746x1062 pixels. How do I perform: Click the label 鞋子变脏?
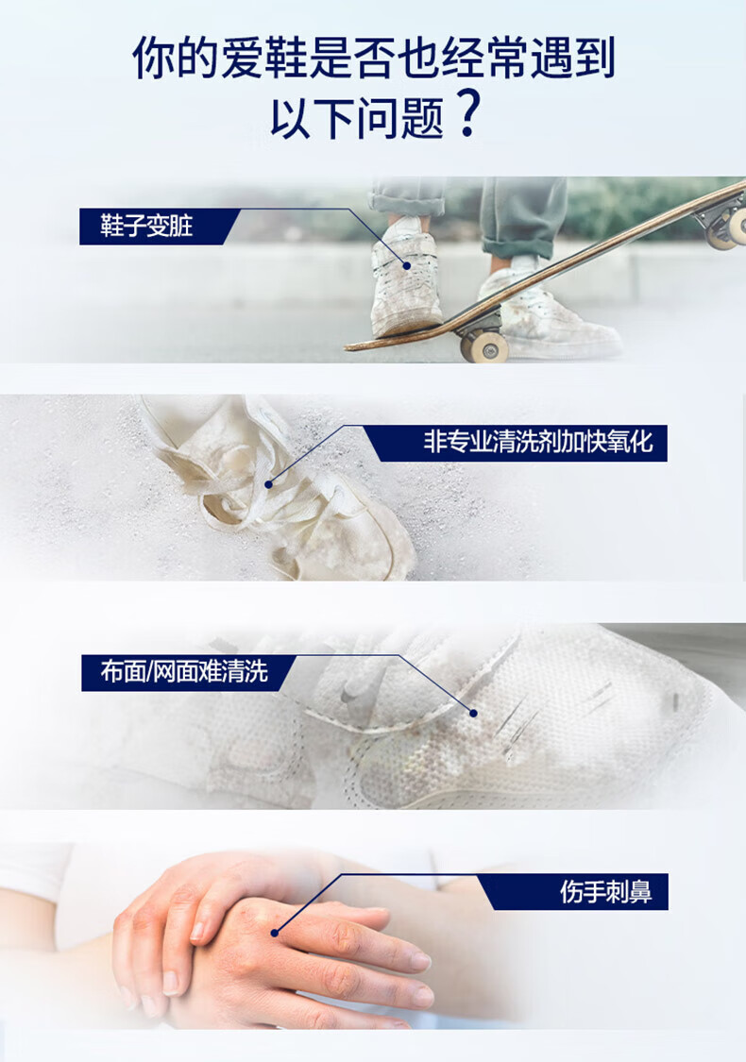tap(146, 227)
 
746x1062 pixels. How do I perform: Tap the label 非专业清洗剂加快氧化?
tap(538, 443)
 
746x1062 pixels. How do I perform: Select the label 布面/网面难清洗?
tap(184, 672)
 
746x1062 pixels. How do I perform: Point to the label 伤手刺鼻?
tap(605, 892)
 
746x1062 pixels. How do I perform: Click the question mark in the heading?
tap(466, 114)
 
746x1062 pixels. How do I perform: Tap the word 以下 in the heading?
tap(313, 118)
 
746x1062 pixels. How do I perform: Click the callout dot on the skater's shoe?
tap(407, 266)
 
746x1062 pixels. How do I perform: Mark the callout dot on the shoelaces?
tap(268, 484)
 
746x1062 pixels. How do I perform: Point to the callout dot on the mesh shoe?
tap(473, 714)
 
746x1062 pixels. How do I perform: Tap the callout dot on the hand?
tap(275, 933)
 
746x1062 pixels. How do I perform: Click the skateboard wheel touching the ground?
tap(483, 346)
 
